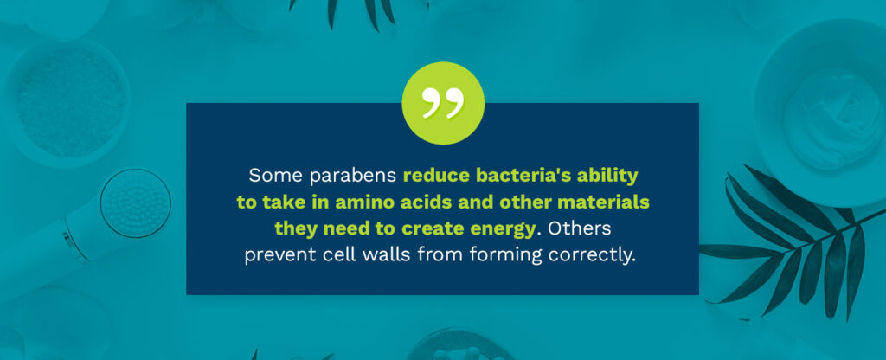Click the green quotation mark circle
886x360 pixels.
[443, 103]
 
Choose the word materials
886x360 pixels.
[600, 202]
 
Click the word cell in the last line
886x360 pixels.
[341, 256]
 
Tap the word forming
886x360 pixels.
[500, 256]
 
